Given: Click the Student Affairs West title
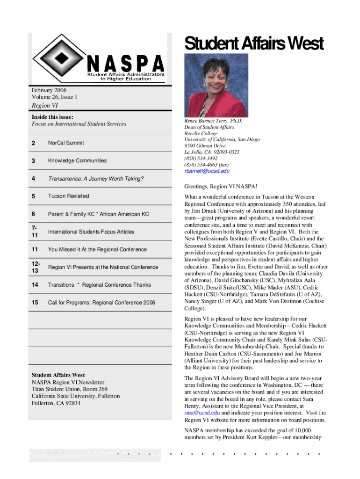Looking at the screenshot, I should pyautogui.click(x=253, y=44).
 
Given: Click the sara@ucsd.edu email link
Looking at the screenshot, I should pyautogui.click(x=202, y=413).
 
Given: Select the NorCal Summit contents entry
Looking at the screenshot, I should pyautogui.click(x=66, y=143).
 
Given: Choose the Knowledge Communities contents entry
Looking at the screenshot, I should pyautogui.click(x=77, y=160).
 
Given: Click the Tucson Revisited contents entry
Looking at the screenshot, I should pyautogui.click(x=68, y=196).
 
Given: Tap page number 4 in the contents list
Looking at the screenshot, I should pyautogui.click(x=33, y=178).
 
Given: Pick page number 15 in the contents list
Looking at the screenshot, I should pyautogui.click(x=35, y=303).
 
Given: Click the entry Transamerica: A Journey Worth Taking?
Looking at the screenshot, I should pyautogui.click(x=96, y=178).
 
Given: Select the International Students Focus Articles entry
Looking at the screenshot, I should pyautogui.click(x=91, y=232).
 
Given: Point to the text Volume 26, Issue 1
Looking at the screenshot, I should pyautogui.click(x=54, y=97).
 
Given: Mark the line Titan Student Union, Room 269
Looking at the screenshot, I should pyautogui.click(x=70, y=389).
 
